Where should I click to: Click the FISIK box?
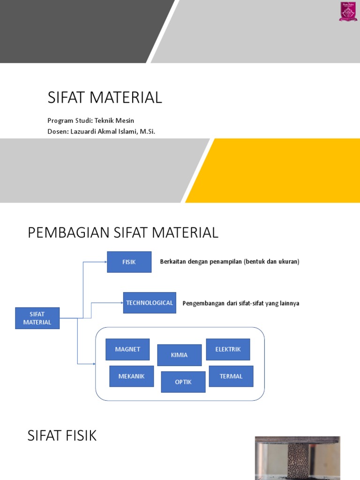[x=129, y=262]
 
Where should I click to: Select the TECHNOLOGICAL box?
[x=150, y=303]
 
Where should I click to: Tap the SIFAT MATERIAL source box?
[x=37, y=318]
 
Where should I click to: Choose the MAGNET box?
[x=127, y=349]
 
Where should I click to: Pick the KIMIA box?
[x=179, y=355]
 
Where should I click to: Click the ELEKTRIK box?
[x=228, y=349]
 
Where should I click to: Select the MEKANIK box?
[x=131, y=376]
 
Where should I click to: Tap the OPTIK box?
[x=183, y=382]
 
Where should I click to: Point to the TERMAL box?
[x=231, y=376]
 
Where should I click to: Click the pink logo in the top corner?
[x=348, y=11]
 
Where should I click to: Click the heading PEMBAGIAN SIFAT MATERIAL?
[x=123, y=232]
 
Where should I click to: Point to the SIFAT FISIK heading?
[x=62, y=436]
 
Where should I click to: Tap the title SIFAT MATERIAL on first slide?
[x=105, y=97]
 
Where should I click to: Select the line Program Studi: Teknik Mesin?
[x=90, y=120]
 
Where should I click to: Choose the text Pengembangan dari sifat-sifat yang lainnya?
[x=240, y=303]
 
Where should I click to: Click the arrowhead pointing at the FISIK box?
[x=105, y=262]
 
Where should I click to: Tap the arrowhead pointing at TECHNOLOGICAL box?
[x=121, y=303]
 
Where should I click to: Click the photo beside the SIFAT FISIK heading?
[x=297, y=458]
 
